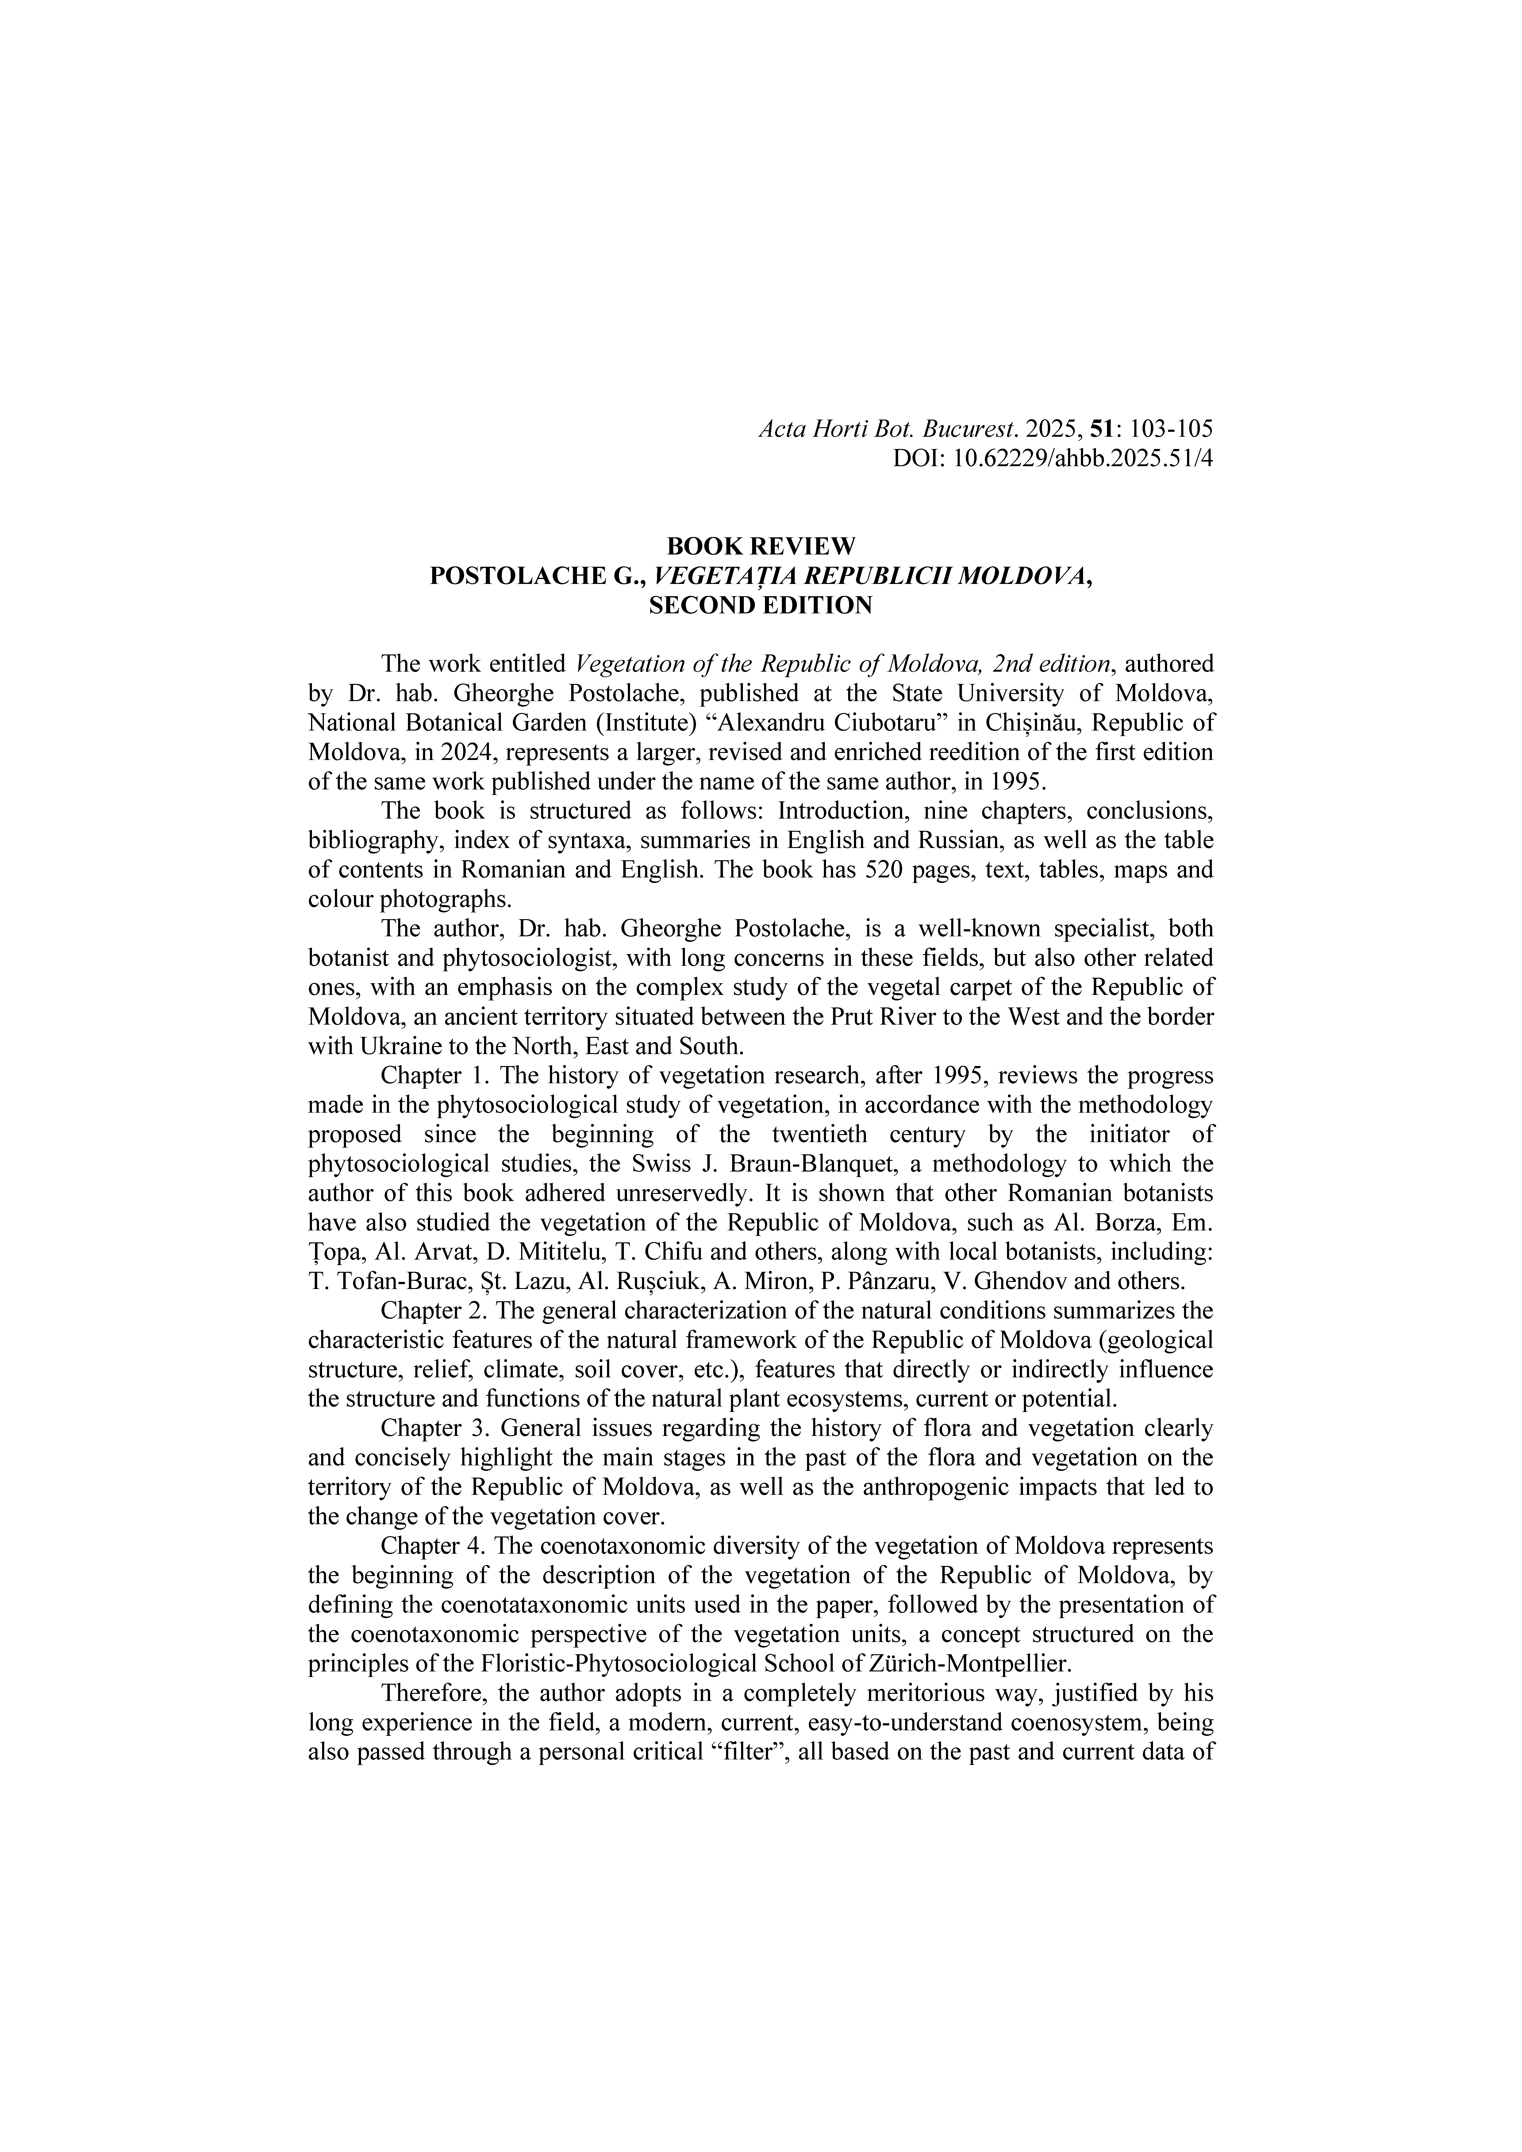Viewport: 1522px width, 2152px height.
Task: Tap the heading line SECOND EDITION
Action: coord(760,605)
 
